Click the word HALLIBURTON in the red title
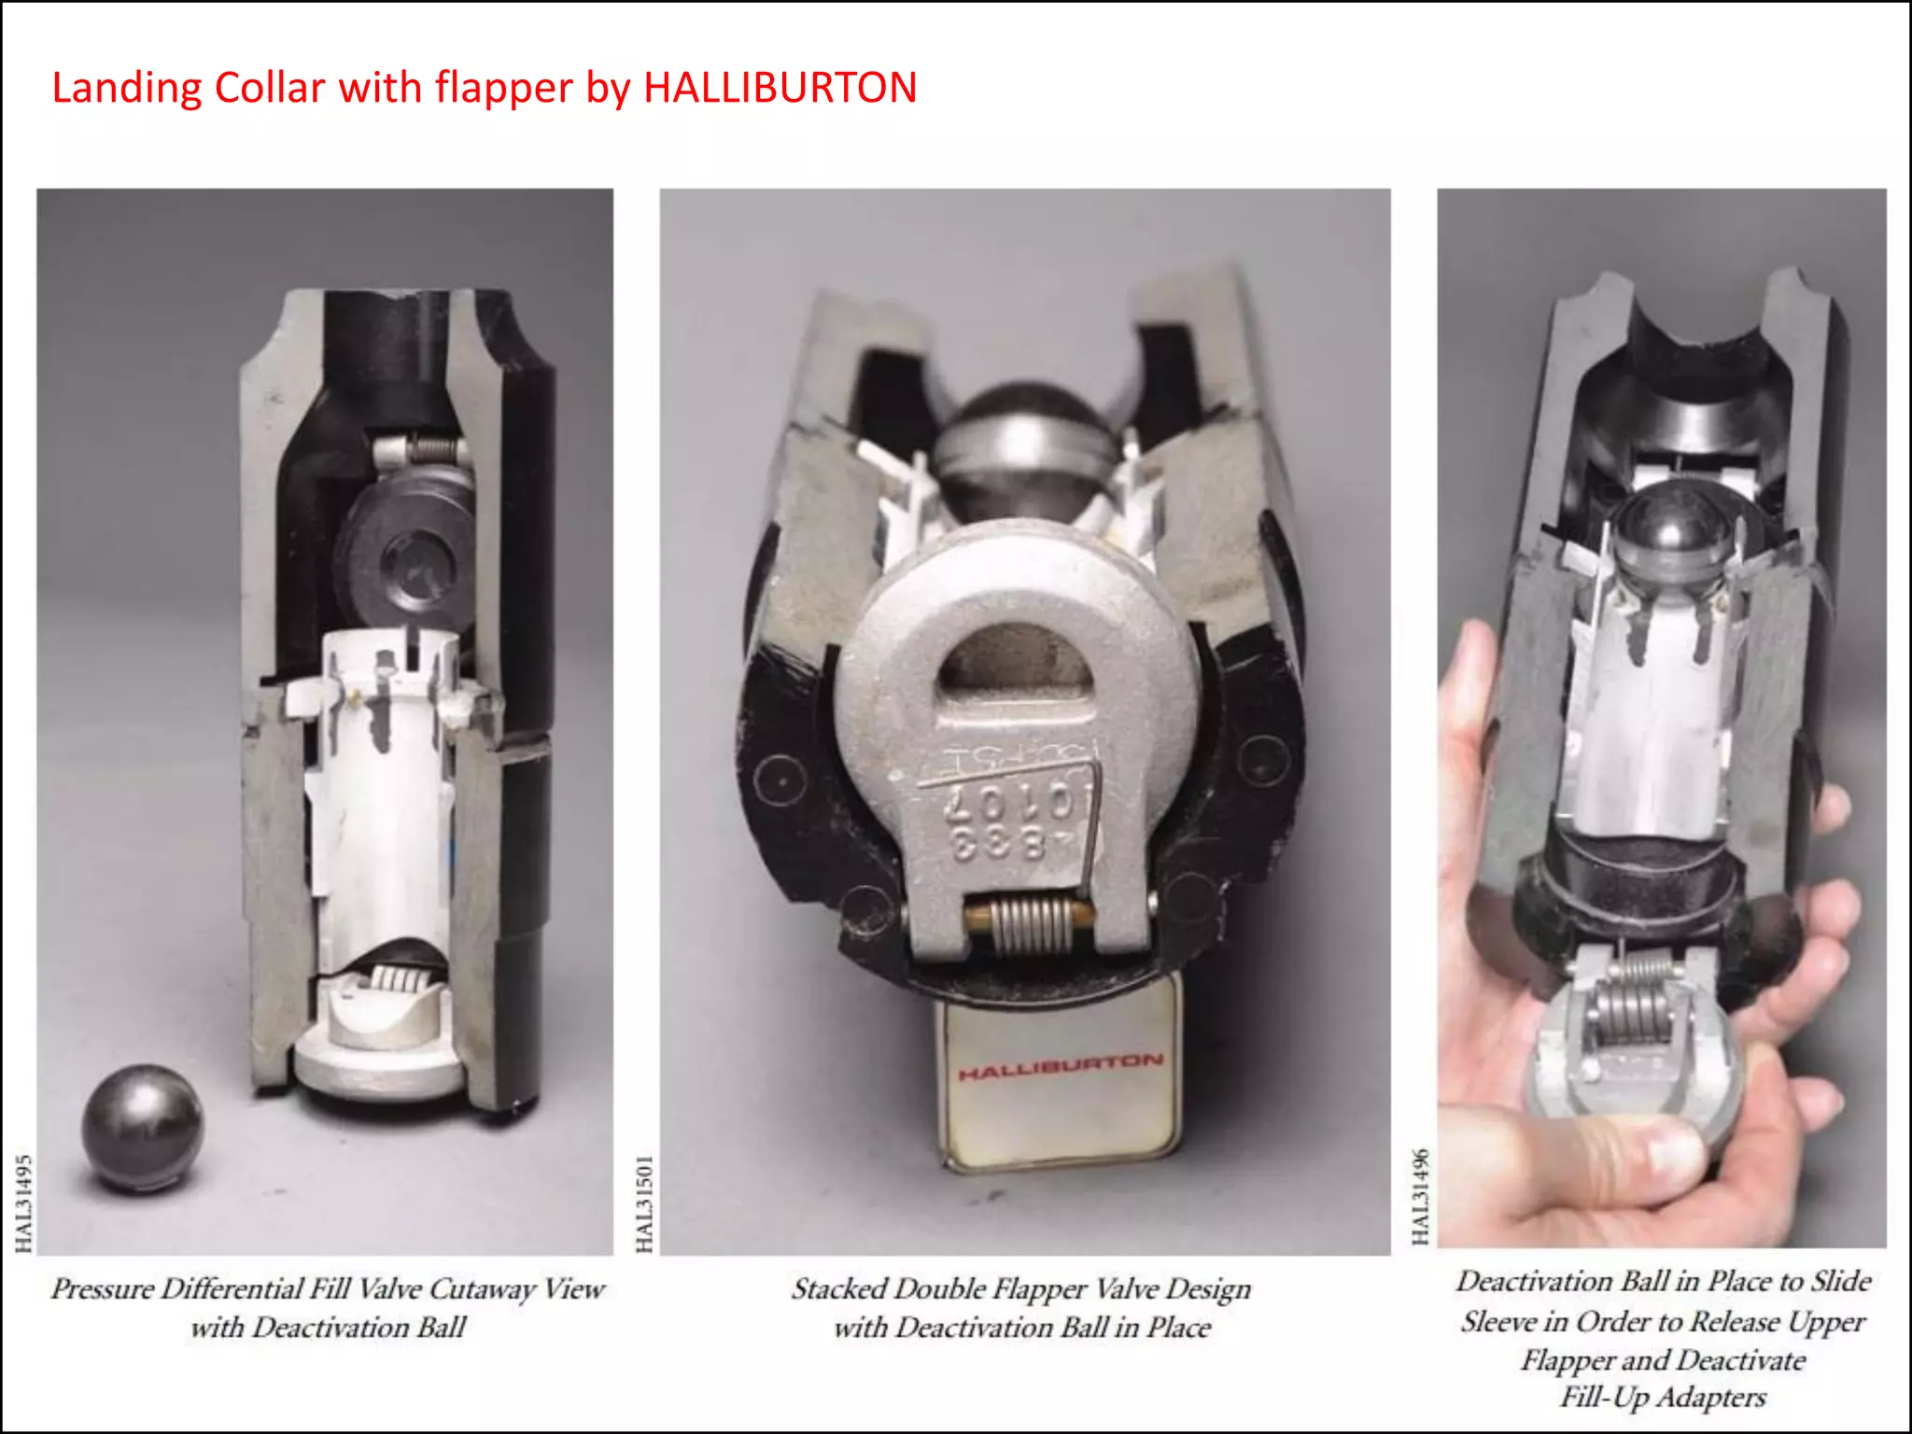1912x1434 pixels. [x=780, y=89]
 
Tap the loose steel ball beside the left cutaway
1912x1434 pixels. [x=142, y=1128]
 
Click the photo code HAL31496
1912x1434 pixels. [x=1420, y=1196]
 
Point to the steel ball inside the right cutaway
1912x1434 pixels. [x=1671, y=537]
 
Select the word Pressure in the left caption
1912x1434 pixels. [x=102, y=1289]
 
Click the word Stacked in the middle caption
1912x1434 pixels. [x=839, y=1289]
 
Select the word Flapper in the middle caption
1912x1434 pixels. [x=1039, y=1289]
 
